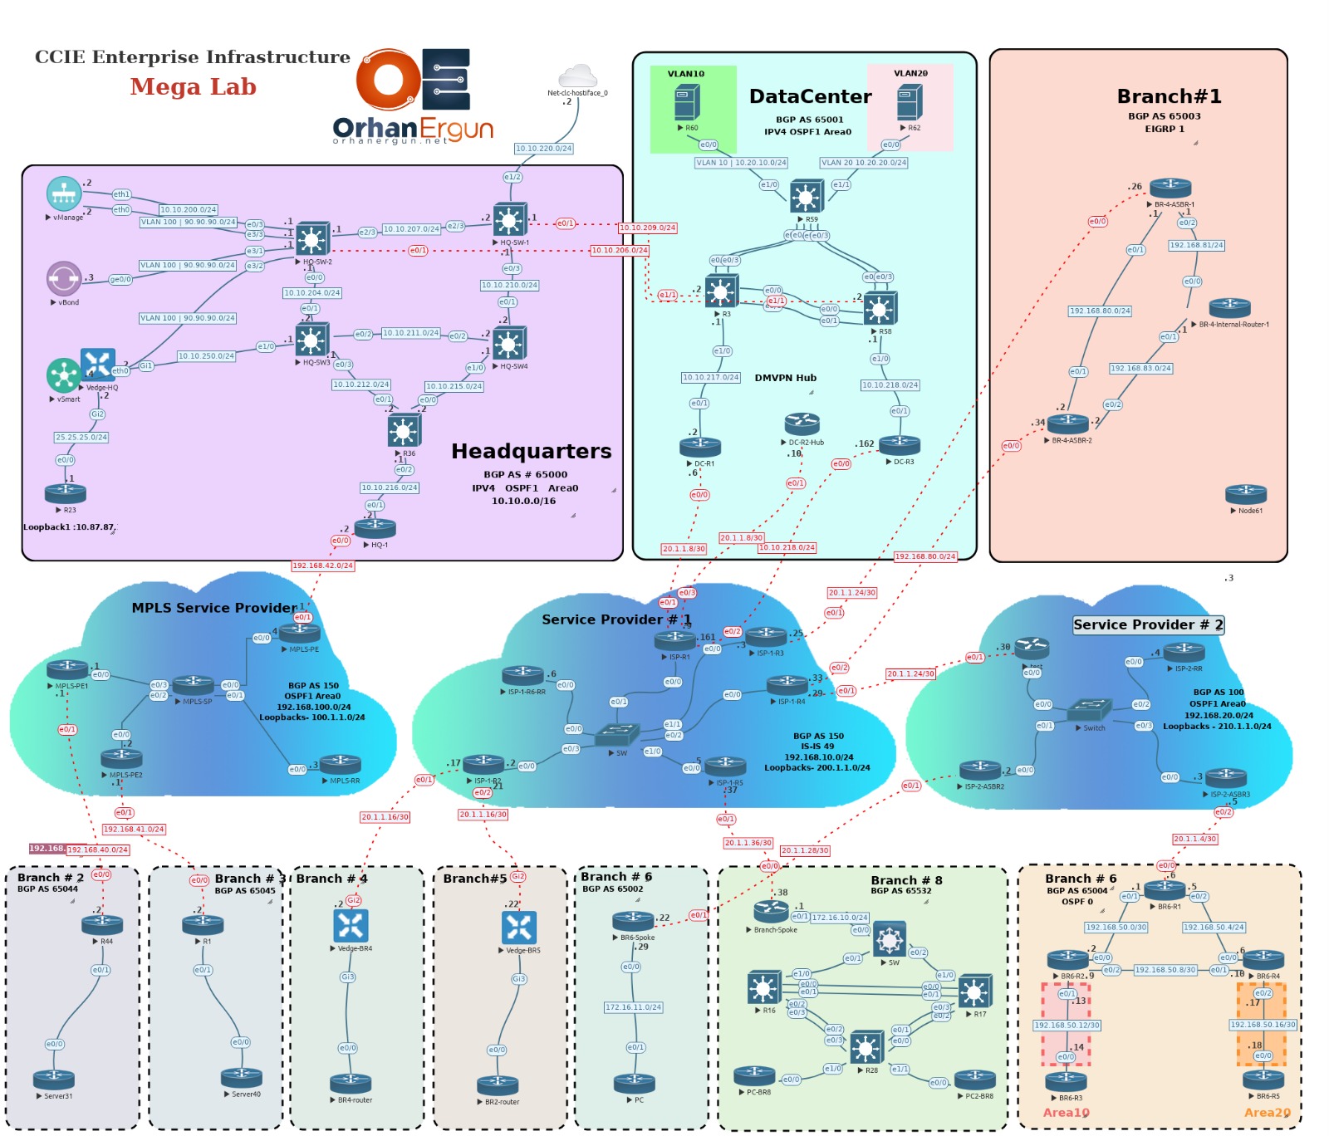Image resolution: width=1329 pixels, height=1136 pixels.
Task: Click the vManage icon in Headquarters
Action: point(64,193)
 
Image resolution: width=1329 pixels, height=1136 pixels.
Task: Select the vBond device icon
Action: point(64,279)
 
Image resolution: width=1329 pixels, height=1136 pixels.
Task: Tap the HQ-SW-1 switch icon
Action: point(509,220)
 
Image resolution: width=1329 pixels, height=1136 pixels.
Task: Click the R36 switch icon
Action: point(404,430)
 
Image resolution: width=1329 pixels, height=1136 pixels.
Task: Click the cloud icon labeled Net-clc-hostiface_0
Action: point(578,77)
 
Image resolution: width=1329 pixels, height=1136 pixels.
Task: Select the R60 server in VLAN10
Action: point(686,103)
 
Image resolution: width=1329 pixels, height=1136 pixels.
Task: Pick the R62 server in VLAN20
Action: point(910,103)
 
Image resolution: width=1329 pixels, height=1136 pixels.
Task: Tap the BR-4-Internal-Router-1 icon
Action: point(1230,308)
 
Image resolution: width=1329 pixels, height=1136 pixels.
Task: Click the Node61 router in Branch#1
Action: point(1246,494)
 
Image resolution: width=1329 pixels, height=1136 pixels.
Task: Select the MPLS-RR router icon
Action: point(341,764)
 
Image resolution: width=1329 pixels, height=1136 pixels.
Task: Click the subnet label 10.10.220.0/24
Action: point(543,149)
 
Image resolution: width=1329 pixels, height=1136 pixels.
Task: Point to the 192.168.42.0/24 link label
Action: point(322,566)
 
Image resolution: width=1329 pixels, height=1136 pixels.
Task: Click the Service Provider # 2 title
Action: point(1148,624)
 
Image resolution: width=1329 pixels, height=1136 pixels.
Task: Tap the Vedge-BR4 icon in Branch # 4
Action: point(351,926)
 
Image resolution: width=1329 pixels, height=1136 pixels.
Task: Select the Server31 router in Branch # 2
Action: point(54,1080)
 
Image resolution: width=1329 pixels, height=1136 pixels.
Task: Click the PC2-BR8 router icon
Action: point(975,1080)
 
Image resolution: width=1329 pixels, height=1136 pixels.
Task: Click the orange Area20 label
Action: point(1267,1113)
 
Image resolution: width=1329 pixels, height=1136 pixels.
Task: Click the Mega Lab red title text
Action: point(193,86)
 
